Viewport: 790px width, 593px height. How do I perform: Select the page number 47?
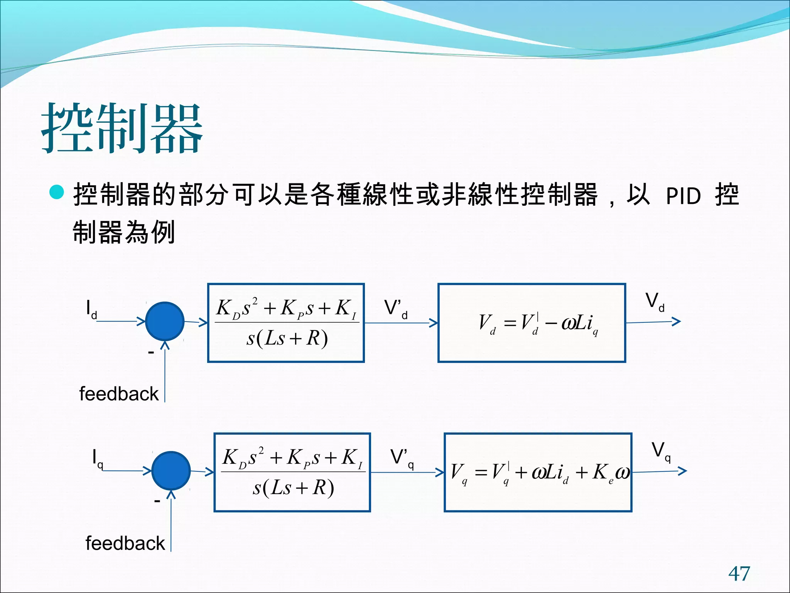click(739, 573)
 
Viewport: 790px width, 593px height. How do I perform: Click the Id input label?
click(91, 310)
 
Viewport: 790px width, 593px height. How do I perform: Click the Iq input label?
click(97, 459)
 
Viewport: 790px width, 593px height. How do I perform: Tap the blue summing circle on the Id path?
click(165, 321)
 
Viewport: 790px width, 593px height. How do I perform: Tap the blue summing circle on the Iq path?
click(171, 471)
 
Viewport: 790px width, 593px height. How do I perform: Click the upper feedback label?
click(119, 394)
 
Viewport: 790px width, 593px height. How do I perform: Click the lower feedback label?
click(125, 544)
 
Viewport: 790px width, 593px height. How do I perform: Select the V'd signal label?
click(396, 309)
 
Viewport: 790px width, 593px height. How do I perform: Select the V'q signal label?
click(402, 459)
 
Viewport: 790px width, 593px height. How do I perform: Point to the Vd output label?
click(655, 302)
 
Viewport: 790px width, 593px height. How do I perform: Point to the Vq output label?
click(661, 451)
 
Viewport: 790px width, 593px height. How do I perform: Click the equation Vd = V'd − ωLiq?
click(538, 324)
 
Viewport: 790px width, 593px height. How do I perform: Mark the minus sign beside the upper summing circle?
click(151, 352)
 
